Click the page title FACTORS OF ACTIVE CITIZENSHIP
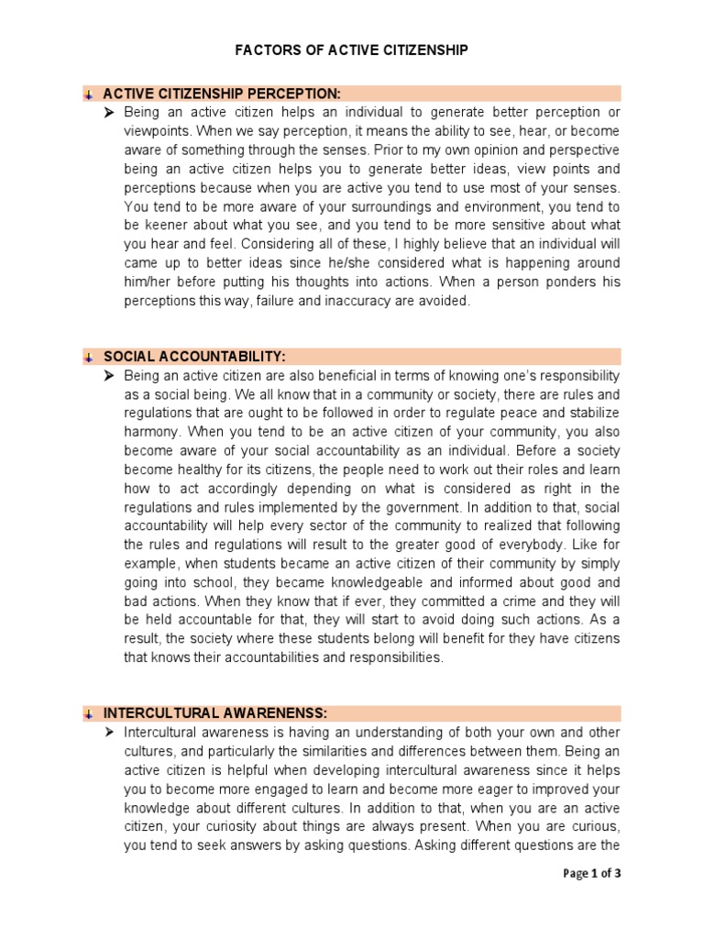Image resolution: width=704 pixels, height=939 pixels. [351, 51]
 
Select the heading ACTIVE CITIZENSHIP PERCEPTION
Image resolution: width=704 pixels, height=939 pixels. [221, 94]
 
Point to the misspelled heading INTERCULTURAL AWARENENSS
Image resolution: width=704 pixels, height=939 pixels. [215, 713]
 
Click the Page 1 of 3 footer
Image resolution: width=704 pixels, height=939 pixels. [591, 873]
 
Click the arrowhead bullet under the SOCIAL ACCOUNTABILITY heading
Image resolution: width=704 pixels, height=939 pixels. [109, 376]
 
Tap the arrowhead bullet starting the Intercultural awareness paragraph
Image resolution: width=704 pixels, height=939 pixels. [109, 732]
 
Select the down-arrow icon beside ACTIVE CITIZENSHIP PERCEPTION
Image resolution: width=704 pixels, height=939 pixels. [88, 94]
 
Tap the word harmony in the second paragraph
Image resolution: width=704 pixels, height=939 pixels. [150, 431]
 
